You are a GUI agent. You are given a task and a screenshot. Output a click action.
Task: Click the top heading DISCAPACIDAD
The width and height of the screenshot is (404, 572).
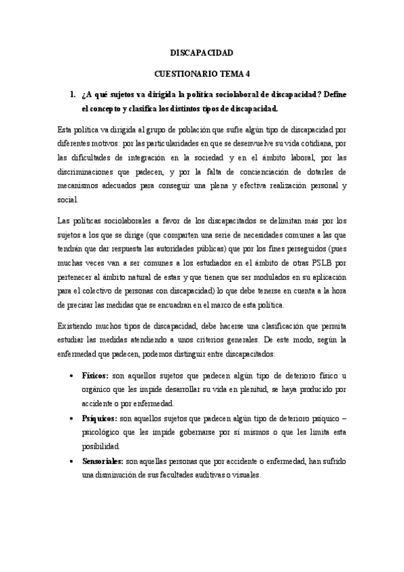point(201,52)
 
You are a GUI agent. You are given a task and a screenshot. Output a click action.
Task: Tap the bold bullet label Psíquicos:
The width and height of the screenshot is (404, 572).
point(99,418)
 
